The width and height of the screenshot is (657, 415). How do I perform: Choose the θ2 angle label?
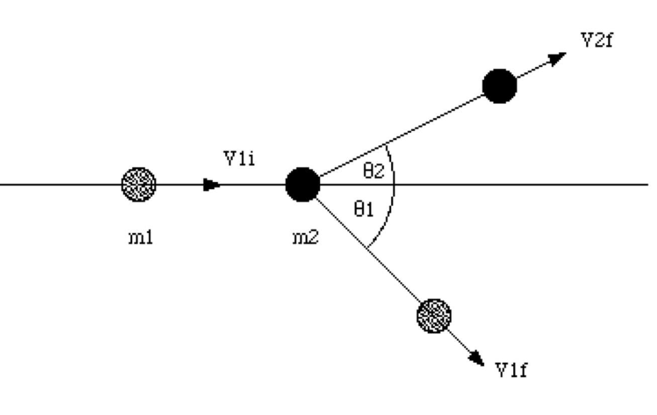pyautogui.click(x=373, y=172)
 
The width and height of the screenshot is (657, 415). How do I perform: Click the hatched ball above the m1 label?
pyautogui.click(x=139, y=185)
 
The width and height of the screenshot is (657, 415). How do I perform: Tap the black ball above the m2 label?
pyautogui.click(x=303, y=185)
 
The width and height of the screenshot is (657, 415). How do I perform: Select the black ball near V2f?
pyautogui.click(x=499, y=86)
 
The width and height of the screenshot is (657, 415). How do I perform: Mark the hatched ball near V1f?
pyautogui.click(x=434, y=316)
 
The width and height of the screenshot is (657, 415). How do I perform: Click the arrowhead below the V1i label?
pyautogui.click(x=212, y=185)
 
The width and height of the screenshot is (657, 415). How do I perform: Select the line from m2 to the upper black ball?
pyautogui.click(x=402, y=135)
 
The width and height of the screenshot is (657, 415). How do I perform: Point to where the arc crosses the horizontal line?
pyautogui.click(x=394, y=185)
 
